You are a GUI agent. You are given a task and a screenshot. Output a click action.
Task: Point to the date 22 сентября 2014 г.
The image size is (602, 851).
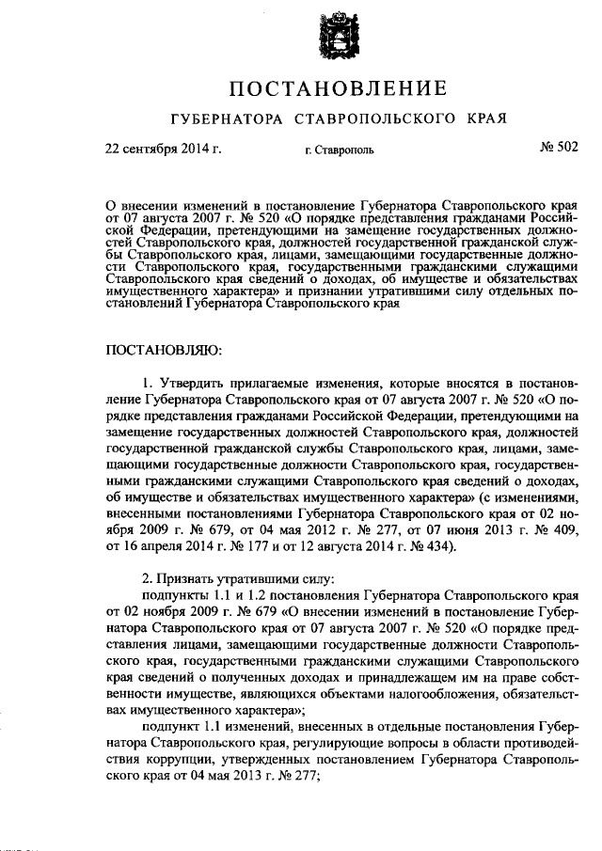162,148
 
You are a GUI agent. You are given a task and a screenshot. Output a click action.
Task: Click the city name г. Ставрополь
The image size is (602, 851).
339,150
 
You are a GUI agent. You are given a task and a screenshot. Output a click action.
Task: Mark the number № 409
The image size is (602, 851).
554,533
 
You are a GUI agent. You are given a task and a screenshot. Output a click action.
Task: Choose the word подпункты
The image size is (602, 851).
175,595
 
